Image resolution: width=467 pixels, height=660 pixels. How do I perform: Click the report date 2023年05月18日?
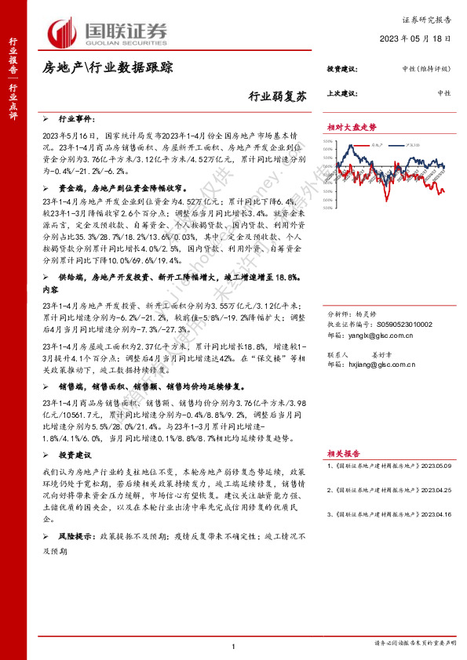pos(417,38)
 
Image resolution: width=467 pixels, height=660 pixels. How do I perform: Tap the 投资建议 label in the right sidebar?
pos(341,69)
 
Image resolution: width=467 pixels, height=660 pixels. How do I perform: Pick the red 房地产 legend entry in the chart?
pos(379,144)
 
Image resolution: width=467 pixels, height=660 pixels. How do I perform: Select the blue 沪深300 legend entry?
pos(410,144)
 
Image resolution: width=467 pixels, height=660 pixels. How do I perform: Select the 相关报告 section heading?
pos(344,453)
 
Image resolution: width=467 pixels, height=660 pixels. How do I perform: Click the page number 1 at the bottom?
pos(234,645)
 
